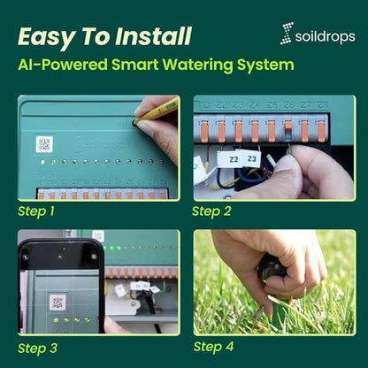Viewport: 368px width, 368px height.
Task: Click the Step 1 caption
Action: [x=36, y=212]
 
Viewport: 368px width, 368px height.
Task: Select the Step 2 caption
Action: [x=211, y=211]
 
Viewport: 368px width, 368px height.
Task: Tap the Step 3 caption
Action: [x=37, y=347]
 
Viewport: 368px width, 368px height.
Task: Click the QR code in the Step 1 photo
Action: [x=44, y=144]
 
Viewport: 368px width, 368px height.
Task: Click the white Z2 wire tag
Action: [x=234, y=159]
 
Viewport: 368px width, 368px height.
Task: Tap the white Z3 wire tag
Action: [x=252, y=159]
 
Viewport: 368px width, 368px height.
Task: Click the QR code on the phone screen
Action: [x=57, y=302]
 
